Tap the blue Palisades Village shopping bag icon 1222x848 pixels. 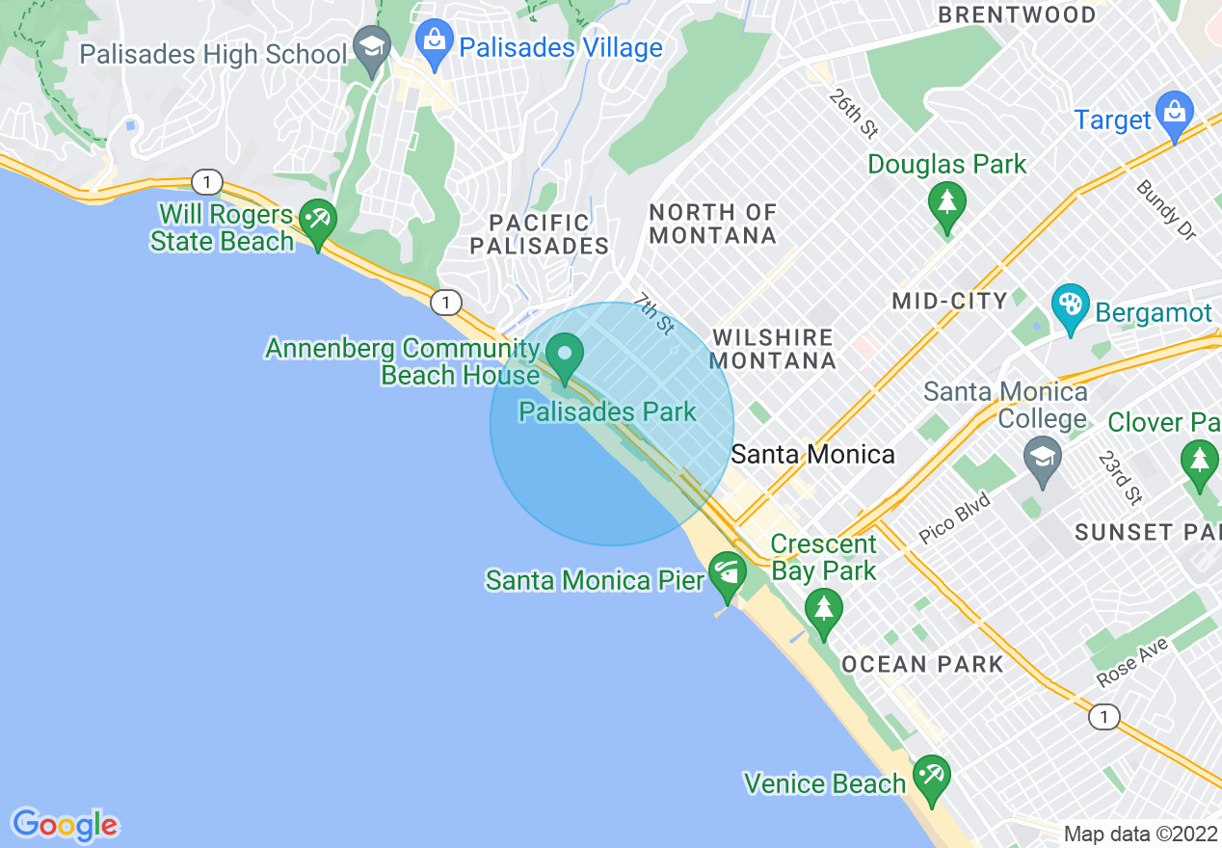coord(435,42)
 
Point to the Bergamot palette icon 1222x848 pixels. coord(1070,307)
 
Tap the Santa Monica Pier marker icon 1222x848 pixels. coord(727,574)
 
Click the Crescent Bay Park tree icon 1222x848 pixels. coord(823,610)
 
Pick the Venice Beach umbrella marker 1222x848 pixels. coord(932,778)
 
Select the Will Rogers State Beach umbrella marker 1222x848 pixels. coord(317,221)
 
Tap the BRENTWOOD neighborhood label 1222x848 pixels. coord(1017,15)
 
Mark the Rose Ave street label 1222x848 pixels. coord(1131,664)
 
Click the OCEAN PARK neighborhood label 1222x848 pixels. coord(922,664)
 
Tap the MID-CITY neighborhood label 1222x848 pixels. coord(949,301)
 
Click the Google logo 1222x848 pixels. coord(65,825)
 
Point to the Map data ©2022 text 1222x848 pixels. coord(1141,834)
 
